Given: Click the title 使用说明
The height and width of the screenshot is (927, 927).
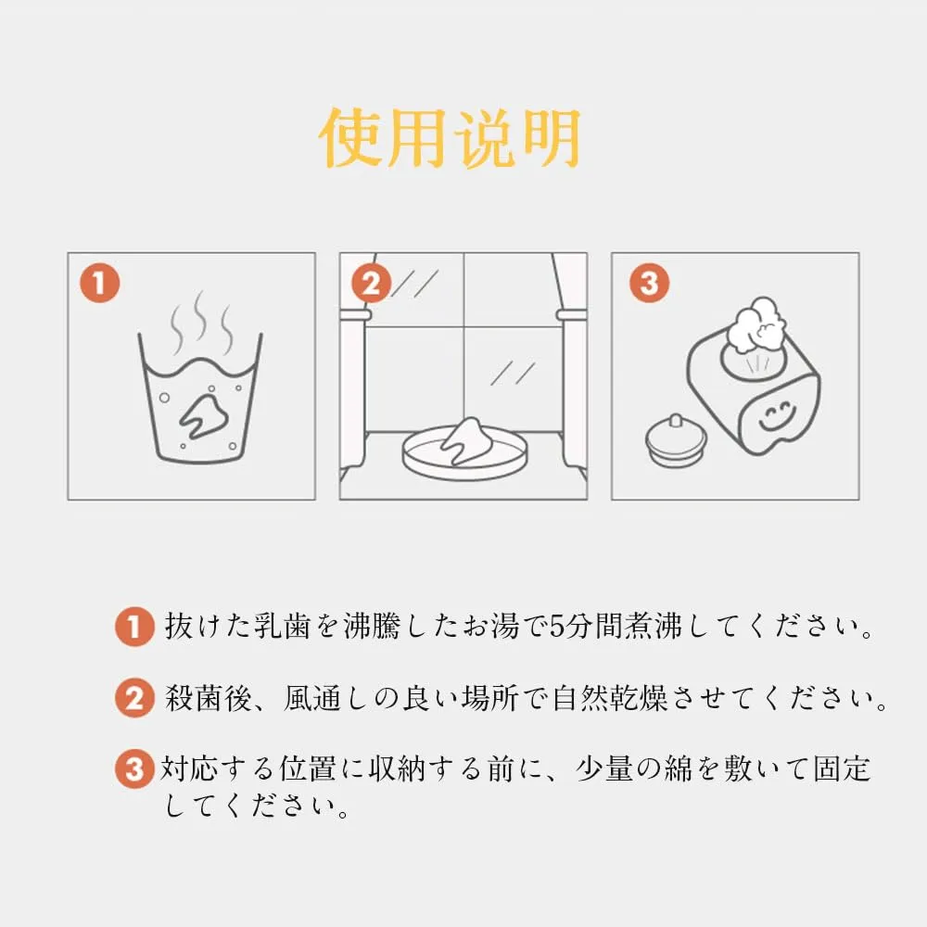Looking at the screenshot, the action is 450,138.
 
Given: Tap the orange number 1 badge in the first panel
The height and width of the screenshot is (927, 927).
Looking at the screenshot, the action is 100,283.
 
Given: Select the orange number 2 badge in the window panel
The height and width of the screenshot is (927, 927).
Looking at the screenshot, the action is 372,283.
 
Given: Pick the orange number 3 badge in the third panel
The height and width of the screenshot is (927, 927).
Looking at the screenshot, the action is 649,283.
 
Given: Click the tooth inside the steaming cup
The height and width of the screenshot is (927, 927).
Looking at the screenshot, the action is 203,413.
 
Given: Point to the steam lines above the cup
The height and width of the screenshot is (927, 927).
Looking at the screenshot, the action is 201,323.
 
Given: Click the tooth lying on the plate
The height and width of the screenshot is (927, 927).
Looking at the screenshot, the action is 467,439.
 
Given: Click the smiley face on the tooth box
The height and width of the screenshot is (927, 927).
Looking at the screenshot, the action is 776,415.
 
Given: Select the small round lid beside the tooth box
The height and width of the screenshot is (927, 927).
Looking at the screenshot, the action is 676,439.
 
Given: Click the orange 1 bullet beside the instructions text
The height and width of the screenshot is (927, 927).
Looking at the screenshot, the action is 134,626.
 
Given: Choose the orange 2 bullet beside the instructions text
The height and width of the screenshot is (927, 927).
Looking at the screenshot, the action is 134,698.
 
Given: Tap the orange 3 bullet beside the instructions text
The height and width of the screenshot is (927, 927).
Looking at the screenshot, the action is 134,768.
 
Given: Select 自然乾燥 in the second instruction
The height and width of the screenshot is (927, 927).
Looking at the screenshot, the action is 610,698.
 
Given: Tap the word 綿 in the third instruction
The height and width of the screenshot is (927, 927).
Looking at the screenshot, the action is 678,768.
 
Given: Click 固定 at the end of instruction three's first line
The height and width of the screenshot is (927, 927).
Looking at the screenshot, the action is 842,768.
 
